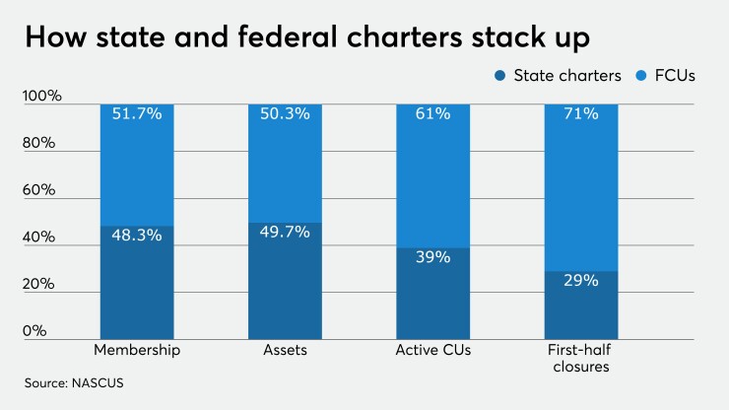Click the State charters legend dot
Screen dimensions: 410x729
pyautogui.click(x=502, y=75)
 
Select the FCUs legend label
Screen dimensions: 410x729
pyautogui.click(x=675, y=75)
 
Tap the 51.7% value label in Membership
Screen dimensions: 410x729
pyautogui.click(x=138, y=114)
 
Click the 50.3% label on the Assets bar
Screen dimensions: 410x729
pyautogui.click(x=286, y=114)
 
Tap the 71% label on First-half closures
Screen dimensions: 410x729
pyautogui.click(x=580, y=114)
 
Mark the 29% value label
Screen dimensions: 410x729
pyautogui.click(x=580, y=280)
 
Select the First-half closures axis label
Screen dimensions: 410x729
pyautogui.click(x=580, y=359)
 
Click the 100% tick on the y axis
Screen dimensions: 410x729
pyautogui.click(x=42, y=97)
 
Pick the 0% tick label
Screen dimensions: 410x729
pyautogui.click(x=36, y=331)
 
